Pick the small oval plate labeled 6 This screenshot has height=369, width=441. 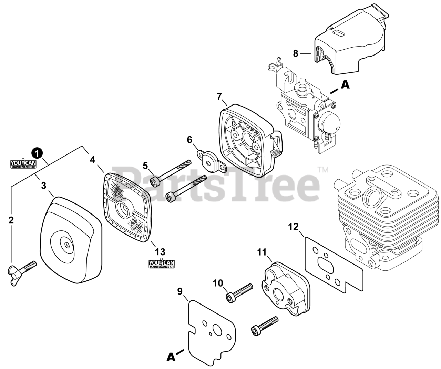click(x=211, y=160)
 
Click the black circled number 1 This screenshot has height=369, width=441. click(x=37, y=153)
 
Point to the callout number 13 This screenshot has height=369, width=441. click(x=160, y=252)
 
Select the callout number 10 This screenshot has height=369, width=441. click(x=218, y=283)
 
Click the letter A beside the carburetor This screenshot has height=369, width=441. click(x=345, y=84)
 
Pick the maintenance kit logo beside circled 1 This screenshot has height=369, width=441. click(x=23, y=164)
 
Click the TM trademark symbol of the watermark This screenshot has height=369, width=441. click(x=323, y=170)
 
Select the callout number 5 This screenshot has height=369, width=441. click(x=145, y=166)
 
